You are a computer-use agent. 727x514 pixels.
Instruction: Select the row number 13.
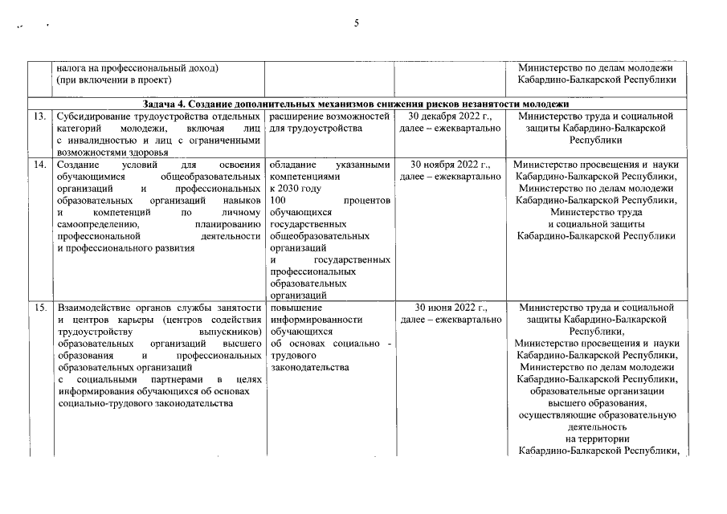(x=38, y=116)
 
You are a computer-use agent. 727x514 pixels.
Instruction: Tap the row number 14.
(x=38, y=165)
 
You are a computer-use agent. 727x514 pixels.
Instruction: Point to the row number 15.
(x=38, y=308)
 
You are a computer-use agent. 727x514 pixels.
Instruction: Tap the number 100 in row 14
(x=279, y=201)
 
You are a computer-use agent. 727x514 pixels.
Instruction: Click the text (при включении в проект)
(x=114, y=80)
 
